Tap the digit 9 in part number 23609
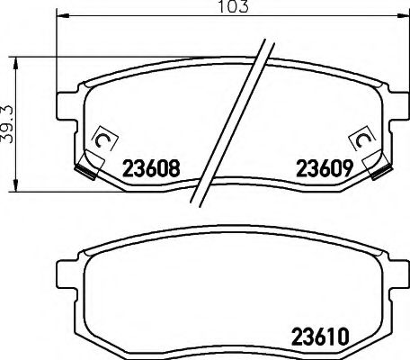click(343, 167)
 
